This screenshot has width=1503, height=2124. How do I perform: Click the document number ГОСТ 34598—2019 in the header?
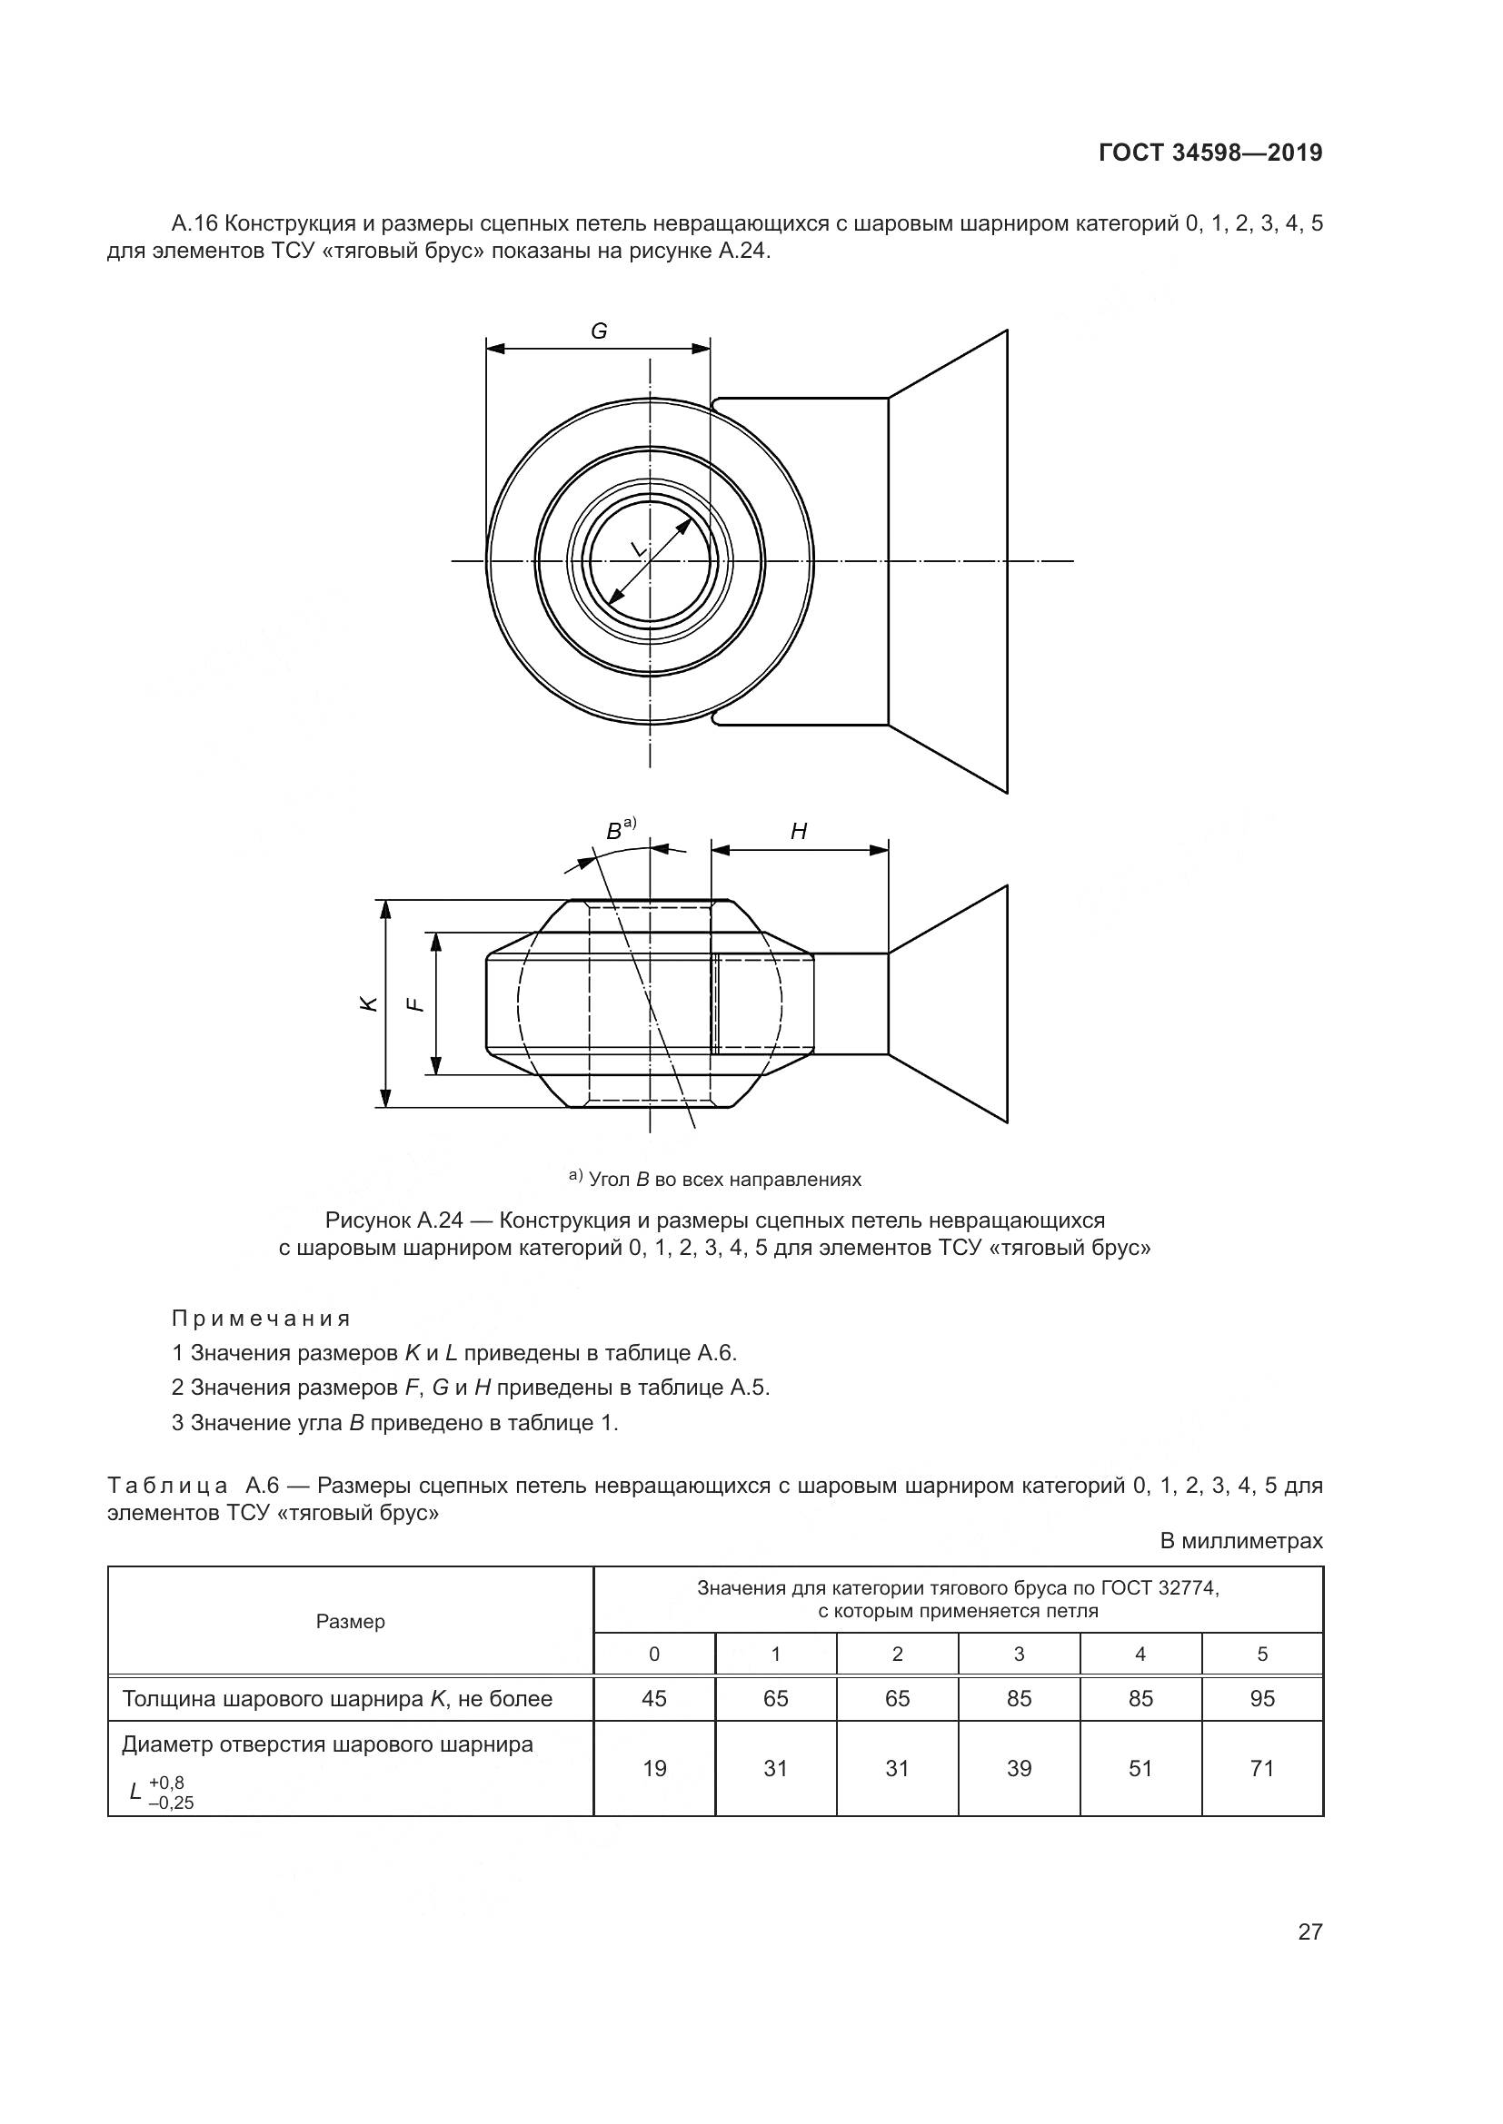[x=1210, y=153]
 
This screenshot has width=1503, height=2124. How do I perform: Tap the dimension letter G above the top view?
[x=599, y=331]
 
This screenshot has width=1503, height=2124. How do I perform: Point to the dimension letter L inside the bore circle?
[x=638, y=549]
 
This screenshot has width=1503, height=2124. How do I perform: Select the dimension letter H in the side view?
[x=799, y=832]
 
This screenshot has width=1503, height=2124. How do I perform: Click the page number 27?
[x=1310, y=1931]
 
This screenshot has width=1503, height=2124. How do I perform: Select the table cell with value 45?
[x=654, y=1698]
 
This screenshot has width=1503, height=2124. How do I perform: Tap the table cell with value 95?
[x=1262, y=1698]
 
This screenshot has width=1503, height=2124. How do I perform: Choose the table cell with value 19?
[x=654, y=1768]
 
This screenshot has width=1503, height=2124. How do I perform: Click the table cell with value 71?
[x=1262, y=1768]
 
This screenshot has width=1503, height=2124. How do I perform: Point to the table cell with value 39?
[x=1019, y=1768]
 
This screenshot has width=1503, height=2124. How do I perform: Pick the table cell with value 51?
[x=1140, y=1768]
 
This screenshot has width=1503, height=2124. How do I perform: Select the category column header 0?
[x=654, y=1654]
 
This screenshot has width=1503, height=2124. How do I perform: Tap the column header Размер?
[x=351, y=1622]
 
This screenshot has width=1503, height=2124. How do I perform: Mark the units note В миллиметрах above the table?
[x=1242, y=1541]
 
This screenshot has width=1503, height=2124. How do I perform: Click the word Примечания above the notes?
[x=262, y=1319]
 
